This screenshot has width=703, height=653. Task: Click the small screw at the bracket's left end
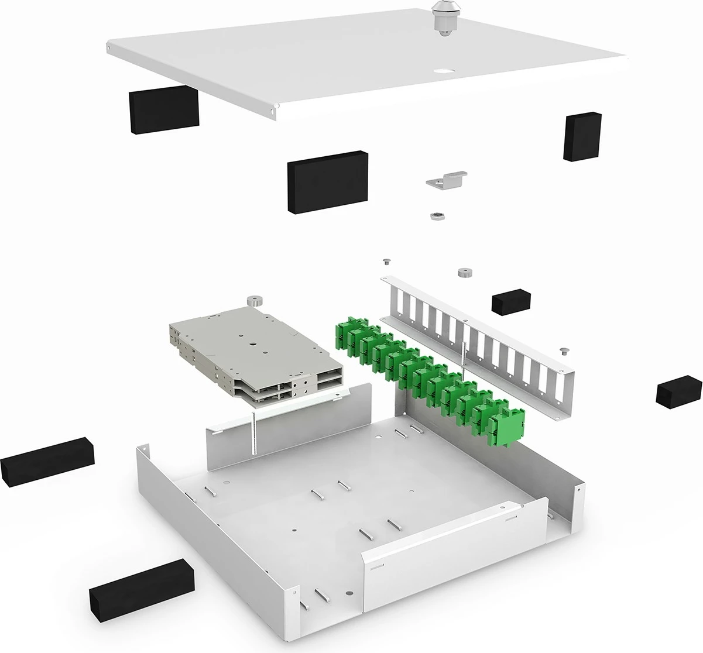click(386, 261)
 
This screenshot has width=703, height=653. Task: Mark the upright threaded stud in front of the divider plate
click(254, 432)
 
